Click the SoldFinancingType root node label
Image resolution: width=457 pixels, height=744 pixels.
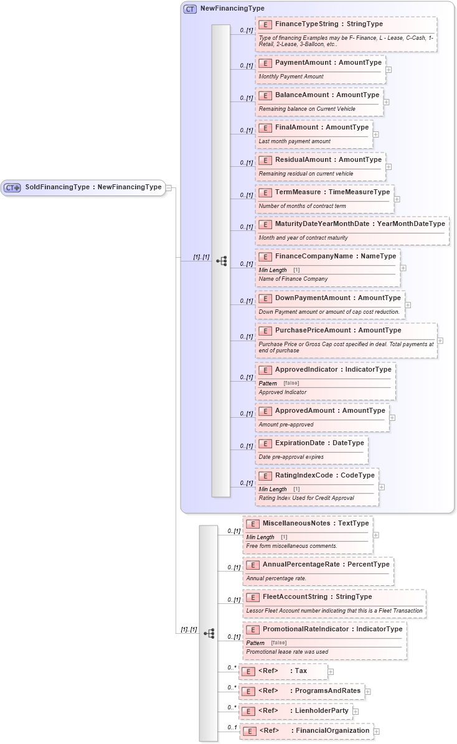pyautogui.click(x=93, y=187)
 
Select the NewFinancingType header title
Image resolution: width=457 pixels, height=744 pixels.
pyautogui.click(x=232, y=9)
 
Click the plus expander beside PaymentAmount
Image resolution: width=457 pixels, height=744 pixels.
pyautogui.click(x=389, y=69)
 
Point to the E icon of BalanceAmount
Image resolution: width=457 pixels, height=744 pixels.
pyautogui.click(x=265, y=95)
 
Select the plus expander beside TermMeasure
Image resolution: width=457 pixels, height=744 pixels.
pyautogui.click(x=397, y=199)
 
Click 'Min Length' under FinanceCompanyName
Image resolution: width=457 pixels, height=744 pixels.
pyautogui.click(x=273, y=270)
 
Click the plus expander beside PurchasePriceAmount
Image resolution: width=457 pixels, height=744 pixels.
pyautogui.click(x=440, y=341)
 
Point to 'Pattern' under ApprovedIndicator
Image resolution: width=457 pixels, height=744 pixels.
pyautogui.click(x=268, y=384)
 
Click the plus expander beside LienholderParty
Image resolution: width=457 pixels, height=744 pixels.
pyautogui.click(x=355, y=711)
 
